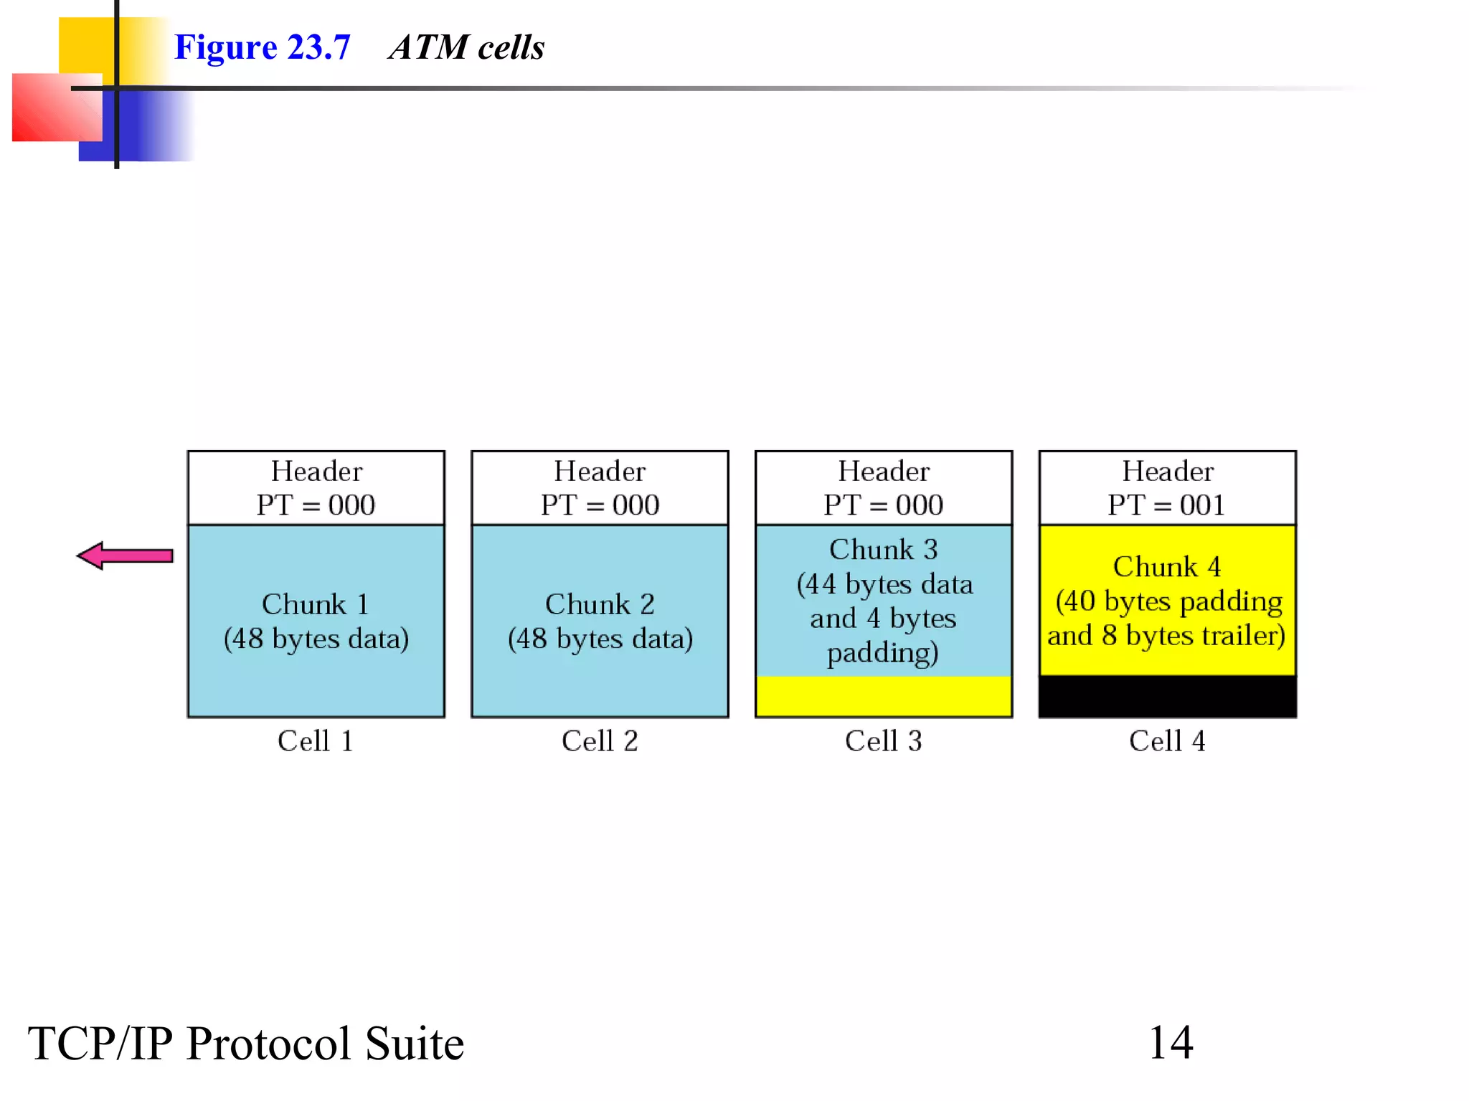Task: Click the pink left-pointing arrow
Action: coord(125,556)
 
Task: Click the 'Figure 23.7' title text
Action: coord(262,47)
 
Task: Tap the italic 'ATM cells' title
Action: coord(466,47)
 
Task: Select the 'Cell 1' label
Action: coord(316,740)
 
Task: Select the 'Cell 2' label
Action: coord(600,740)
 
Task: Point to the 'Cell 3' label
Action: coord(883,740)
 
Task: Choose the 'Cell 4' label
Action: coord(1167,740)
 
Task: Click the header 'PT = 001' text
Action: coord(1166,505)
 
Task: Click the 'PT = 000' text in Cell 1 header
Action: coord(316,505)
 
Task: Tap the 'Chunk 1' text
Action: coord(316,604)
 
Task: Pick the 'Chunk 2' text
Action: coord(600,604)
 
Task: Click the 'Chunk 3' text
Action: coord(883,549)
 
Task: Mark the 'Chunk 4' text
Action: coord(1166,566)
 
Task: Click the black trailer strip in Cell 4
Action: coord(1167,696)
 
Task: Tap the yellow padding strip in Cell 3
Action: coord(883,696)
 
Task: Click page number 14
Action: coord(1171,1042)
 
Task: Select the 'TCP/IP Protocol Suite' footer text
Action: coord(245,1044)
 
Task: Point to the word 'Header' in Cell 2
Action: coord(600,471)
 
